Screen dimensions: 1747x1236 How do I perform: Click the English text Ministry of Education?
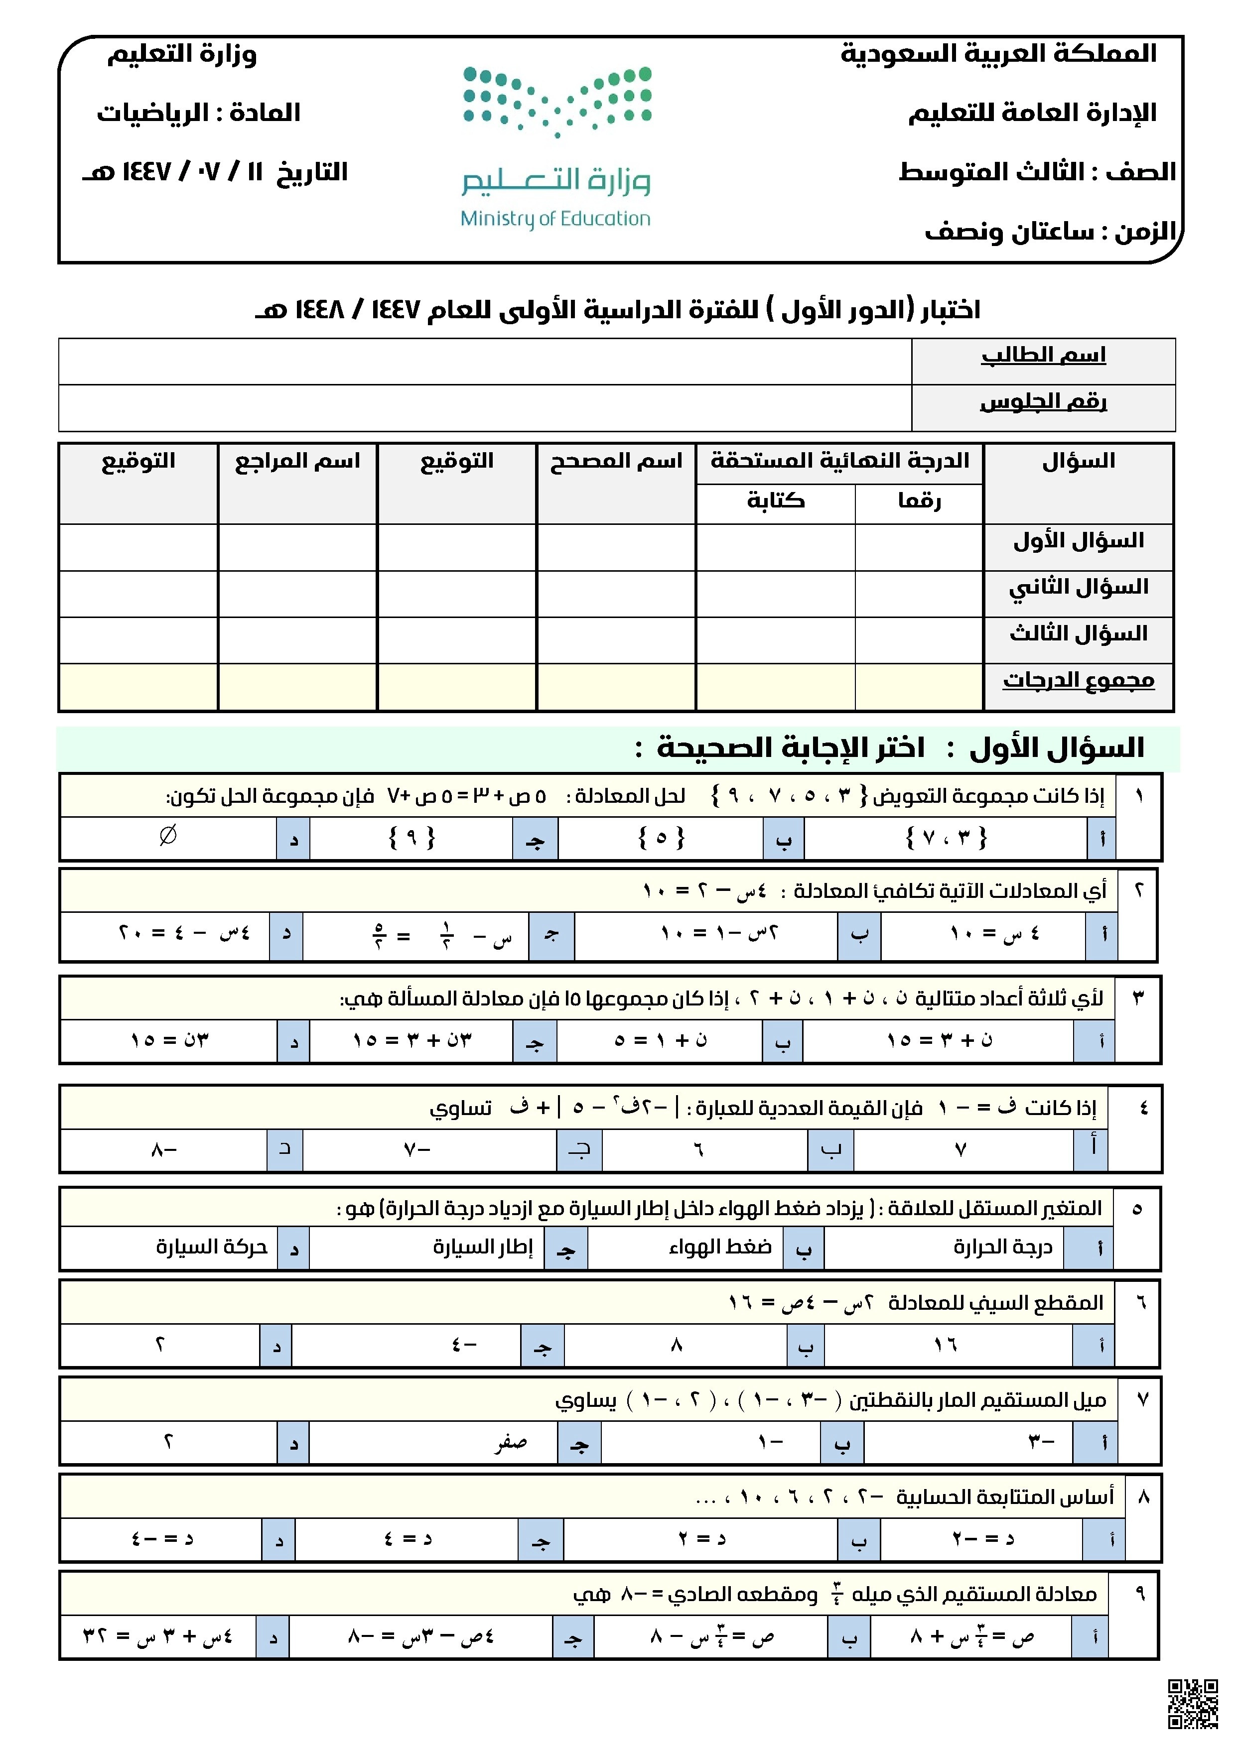pos(555,219)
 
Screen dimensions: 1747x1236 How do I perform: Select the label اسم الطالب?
pos(1043,356)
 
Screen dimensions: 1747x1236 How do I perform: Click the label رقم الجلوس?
pos(1043,402)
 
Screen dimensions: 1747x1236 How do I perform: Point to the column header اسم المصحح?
pos(616,461)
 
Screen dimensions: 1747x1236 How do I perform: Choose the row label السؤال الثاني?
pos(1078,588)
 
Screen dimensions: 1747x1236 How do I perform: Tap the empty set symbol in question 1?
pos(168,836)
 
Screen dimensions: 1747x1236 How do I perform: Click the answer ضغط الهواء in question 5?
pos(720,1247)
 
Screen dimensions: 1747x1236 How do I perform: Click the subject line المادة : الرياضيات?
pos(199,113)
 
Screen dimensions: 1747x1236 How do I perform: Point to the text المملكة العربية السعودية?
pos(998,53)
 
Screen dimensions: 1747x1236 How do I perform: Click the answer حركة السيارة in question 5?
pos(212,1247)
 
